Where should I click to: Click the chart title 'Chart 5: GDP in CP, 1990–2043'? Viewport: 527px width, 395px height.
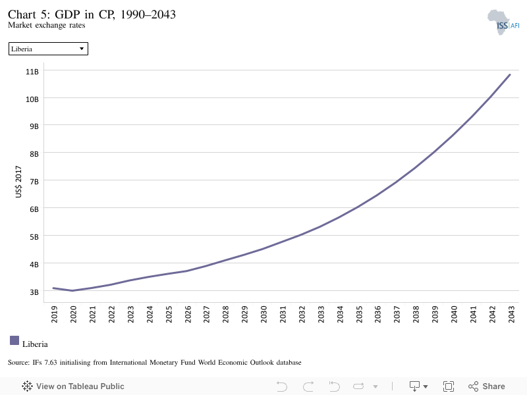pyautogui.click(x=92, y=14)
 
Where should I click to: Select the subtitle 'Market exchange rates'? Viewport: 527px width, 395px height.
pyautogui.click(x=46, y=25)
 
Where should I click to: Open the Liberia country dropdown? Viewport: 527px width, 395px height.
pyautogui.click(x=48, y=49)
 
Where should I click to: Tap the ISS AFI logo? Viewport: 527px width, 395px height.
pyautogui.click(x=503, y=22)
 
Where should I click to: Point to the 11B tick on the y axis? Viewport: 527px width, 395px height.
pyautogui.click(x=32, y=72)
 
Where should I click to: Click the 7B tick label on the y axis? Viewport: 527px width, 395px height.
pyautogui.click(x=34, y=182)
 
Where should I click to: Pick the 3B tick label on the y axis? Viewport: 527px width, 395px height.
pyautogui.click(x=34, y=292)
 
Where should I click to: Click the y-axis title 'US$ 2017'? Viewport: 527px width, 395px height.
pyautogui.click(x=18, y=182)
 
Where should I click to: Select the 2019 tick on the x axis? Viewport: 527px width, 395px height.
pyautogui.click(x=54, y=314)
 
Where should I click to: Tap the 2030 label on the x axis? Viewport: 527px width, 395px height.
pyautogui.click(x=263, y=314)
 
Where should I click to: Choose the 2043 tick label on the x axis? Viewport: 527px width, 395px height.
pyautogui.click(x=511, y=314)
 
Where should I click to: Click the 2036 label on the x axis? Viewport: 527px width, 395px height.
pyautogui.click(x=377, y=314)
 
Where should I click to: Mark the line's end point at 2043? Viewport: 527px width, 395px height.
pyautogui.click(x=510, y=74)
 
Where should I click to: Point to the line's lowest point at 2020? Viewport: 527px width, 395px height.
pyautogui.click(x=72, y=290)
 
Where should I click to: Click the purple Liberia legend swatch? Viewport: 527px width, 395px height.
pyautogui.click(x=14, y=340)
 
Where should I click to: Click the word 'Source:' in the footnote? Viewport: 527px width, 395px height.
pyautogui.click(x=19, y=363)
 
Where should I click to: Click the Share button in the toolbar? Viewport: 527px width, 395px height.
pyautogui.click(x=487, y=386)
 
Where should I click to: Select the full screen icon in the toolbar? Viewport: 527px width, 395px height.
pyautogui.click(x=449, y=386)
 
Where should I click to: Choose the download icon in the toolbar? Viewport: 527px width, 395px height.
pyautogui.click(x=415, y=386)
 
